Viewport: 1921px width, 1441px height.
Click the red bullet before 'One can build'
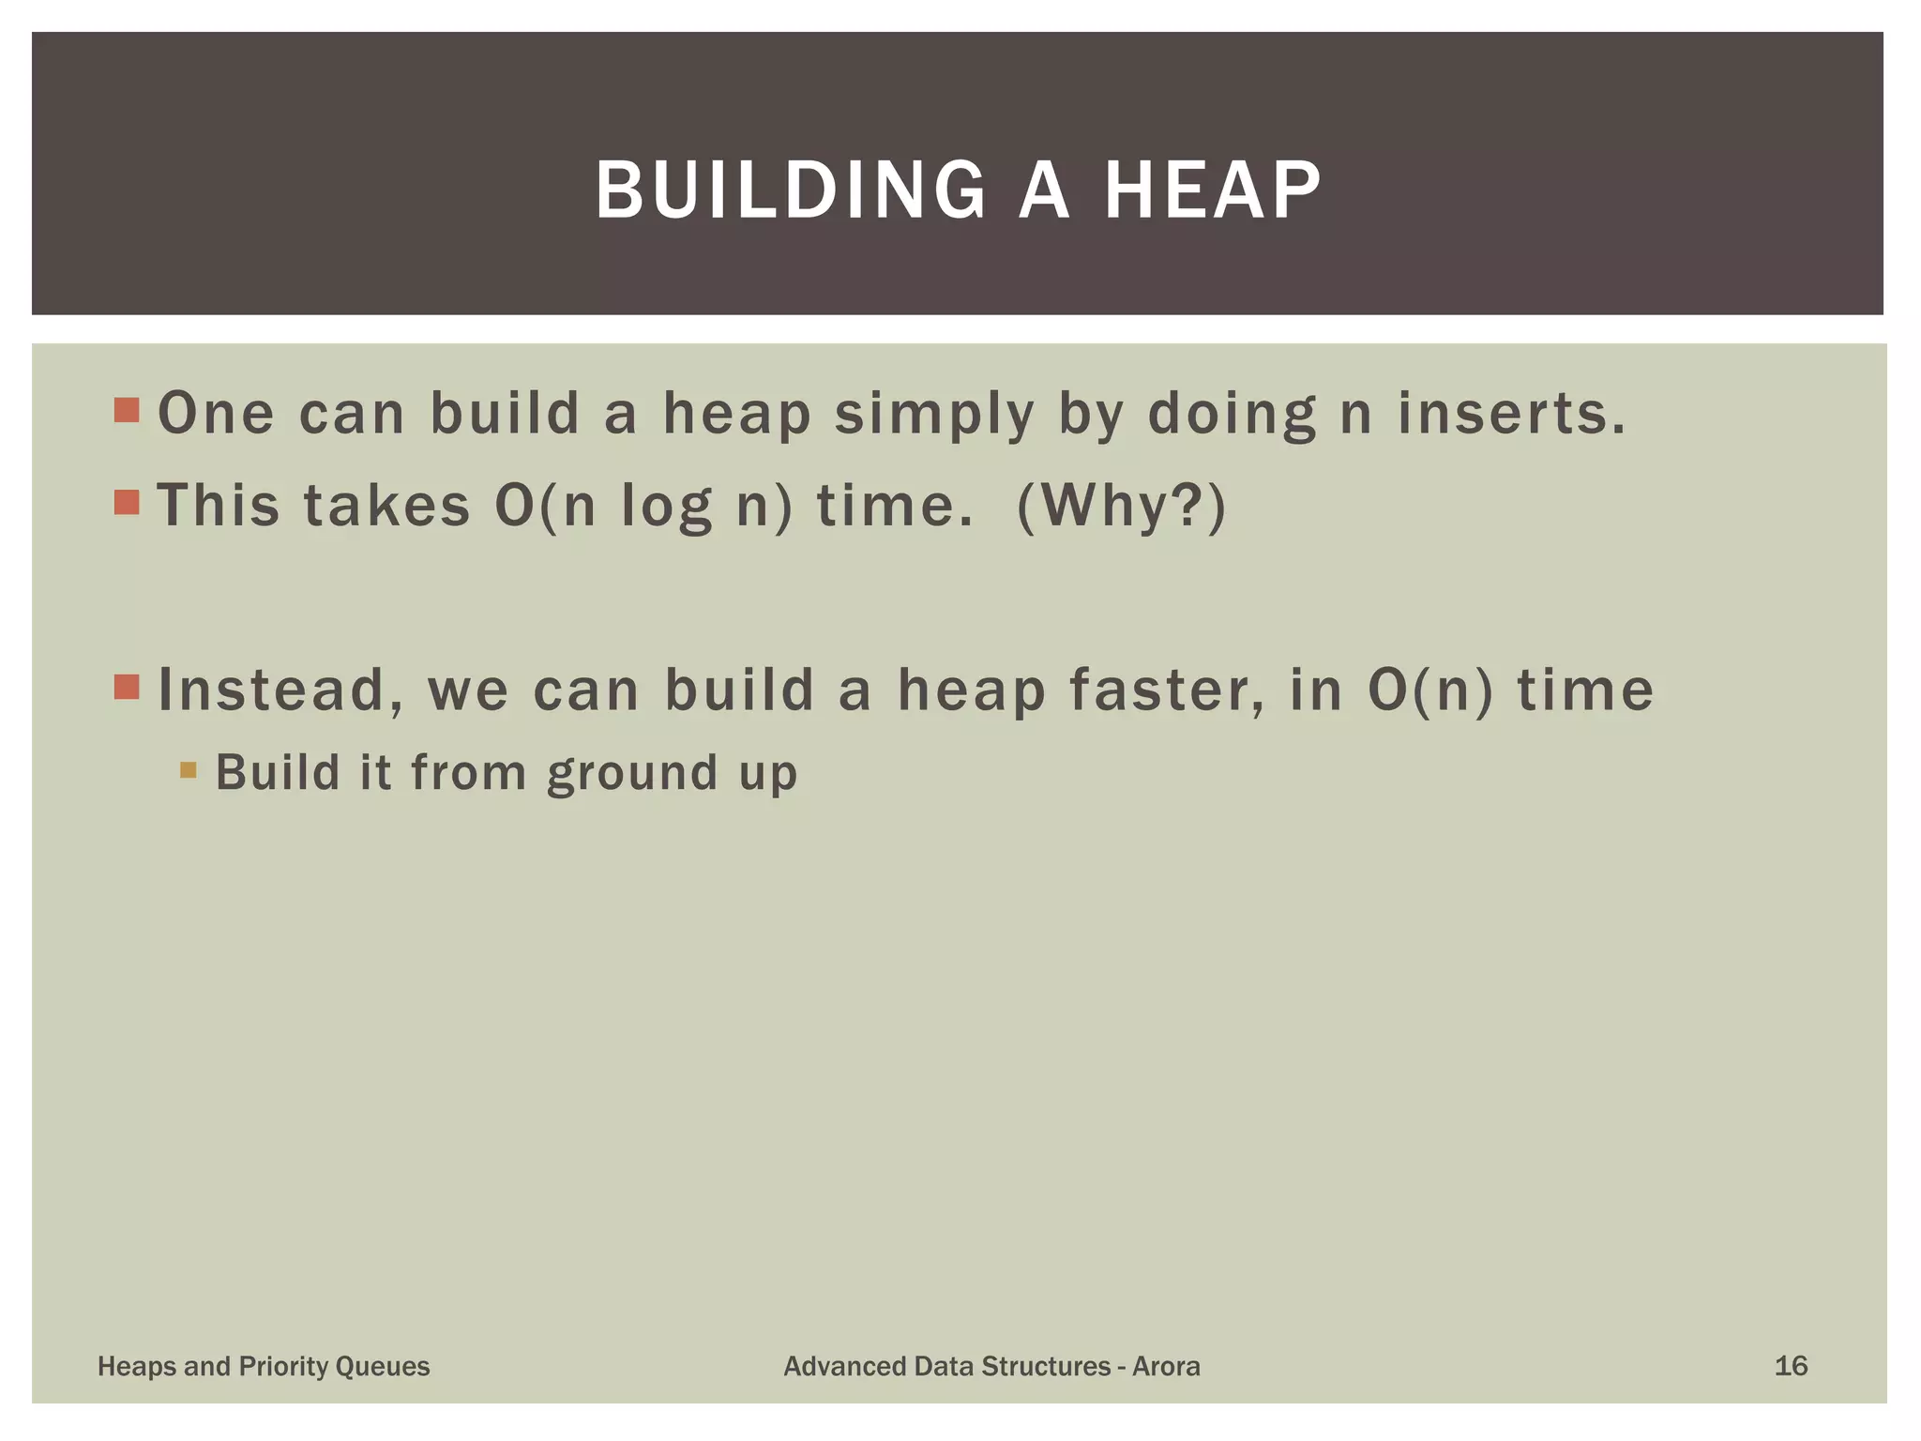click(x=127, y=410)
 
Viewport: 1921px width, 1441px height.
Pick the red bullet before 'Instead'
click(x=127, y=687)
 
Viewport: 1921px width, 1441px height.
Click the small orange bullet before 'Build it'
click(x=189, y=770)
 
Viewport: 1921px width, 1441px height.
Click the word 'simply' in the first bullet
click(x=934, y=415)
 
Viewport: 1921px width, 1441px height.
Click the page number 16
click(x=1790, y=1366)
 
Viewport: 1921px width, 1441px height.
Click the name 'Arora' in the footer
click(x=1166, y=1366)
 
